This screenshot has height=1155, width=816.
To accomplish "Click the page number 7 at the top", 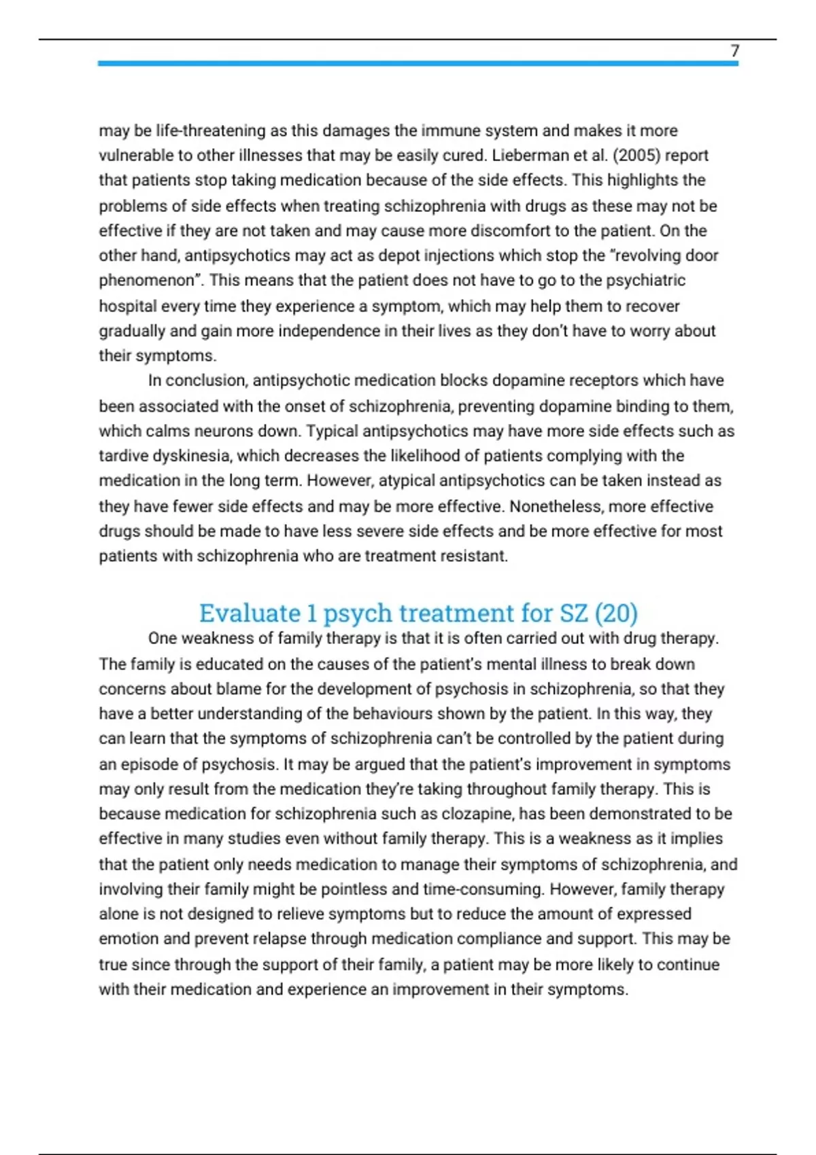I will [734, 51].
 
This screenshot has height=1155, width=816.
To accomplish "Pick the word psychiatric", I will [646, 281].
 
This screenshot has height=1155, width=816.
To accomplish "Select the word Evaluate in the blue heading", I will [250, 613].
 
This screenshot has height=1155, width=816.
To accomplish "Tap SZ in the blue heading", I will [573, 613].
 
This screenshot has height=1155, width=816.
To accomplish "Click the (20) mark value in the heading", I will [616, 613].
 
